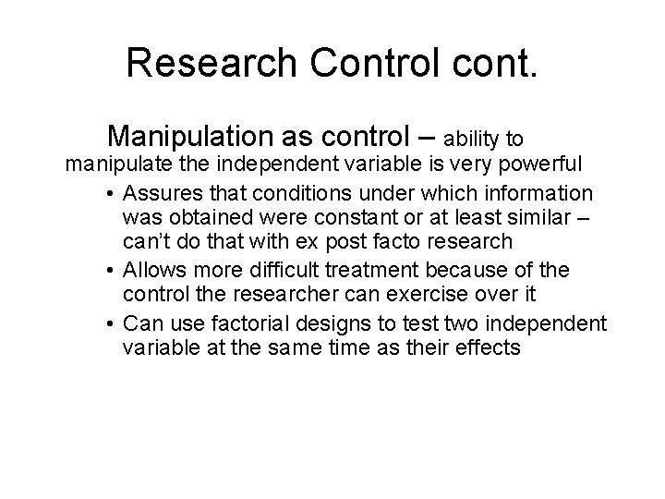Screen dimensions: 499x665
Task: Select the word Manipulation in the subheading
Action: coord(188,137)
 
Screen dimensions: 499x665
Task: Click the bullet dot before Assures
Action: coord(109,194)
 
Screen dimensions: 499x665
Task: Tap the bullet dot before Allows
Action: coord(109,271)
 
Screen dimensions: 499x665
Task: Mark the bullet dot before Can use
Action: coord(109,323)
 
